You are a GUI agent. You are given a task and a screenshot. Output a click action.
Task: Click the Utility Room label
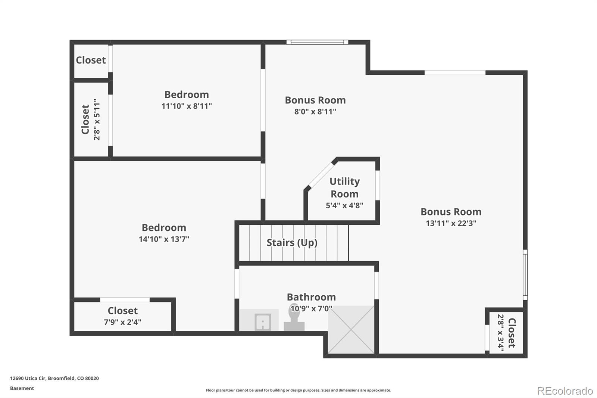[344, 187]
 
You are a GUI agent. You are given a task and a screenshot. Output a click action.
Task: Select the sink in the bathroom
[263, 321]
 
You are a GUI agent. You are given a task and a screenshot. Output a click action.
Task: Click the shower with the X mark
[351, 330]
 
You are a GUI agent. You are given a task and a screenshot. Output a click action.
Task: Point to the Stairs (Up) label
[292, 243]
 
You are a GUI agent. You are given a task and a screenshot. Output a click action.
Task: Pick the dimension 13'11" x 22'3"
[451, 223]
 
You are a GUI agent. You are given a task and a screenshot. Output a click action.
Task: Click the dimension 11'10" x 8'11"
[187, 106]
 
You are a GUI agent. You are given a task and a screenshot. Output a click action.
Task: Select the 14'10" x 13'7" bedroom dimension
[164, 239]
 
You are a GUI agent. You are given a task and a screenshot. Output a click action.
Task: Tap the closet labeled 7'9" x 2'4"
[122, 316]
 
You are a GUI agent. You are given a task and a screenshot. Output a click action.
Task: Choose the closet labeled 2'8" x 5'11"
[91, 119]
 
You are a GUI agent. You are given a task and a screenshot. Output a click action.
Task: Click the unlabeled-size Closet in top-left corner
[91, 60]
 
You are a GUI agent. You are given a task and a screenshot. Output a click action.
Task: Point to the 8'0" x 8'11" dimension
[315, 112]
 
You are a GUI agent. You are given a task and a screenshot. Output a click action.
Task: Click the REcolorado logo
[565, 391]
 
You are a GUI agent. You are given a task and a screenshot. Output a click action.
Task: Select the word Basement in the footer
[22, 388]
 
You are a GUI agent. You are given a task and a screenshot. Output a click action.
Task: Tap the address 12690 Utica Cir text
[54, 378]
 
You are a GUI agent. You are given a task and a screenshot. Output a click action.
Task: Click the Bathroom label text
[311, 297]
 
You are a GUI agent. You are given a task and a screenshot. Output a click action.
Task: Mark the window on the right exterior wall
[525, 275]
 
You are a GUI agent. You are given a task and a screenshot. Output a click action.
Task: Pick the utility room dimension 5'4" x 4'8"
[344, 205]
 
